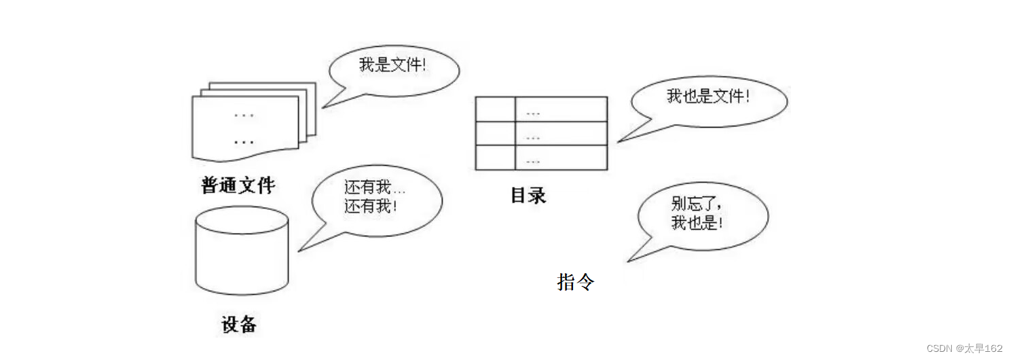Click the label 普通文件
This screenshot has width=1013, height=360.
point(238,185)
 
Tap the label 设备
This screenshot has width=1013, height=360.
point(239,324)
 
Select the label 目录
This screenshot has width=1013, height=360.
point(528,196)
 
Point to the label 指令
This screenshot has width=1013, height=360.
point(576,281)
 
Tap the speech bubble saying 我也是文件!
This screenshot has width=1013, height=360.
point(709,98)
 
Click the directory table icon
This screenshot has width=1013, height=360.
point(541,133)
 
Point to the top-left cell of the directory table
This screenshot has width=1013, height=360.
point(495,109)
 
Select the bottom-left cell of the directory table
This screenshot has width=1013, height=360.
point(495,158)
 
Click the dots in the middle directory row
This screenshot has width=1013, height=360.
point(533,137)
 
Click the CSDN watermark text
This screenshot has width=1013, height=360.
point(964,348)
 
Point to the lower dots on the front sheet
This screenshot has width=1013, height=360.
point(244,143)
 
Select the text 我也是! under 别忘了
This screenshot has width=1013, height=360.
point(695,223)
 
